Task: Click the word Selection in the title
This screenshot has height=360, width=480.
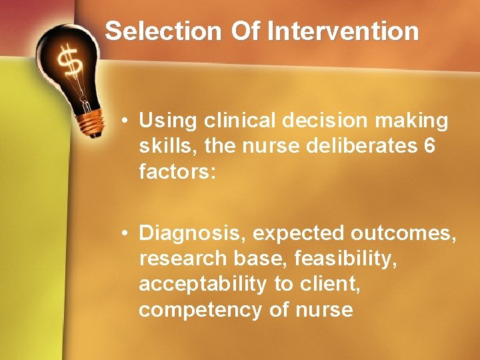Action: coord(163,31)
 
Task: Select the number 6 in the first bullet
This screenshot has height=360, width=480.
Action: coord(429,146)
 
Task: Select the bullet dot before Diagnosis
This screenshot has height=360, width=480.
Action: coord(125,234)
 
